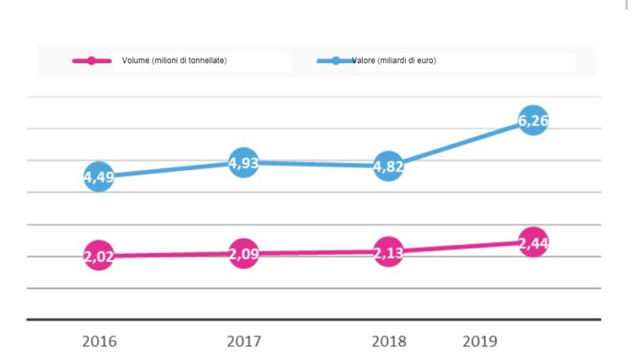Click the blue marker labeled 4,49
click(99, 176)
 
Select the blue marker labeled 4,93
click(244, 162)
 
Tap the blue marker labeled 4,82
click(388, 166)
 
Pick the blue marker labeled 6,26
click(532, 120)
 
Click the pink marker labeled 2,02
click(99, 256)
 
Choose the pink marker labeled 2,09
click(244, 253)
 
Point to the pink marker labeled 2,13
click(388, 251)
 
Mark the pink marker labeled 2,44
click(532, 242)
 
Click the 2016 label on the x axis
click(99, 341)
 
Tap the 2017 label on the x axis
click(244, 341)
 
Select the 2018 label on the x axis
click(388, 341)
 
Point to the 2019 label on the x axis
click(479, 341)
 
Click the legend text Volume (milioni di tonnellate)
click(174, 61)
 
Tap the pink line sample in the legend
click(91, 61)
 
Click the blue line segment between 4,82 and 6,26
click(460, 143)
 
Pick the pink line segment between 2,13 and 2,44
click(460, 247)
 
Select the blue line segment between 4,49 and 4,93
click(172, 169)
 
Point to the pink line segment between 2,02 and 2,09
click(172, 255)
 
